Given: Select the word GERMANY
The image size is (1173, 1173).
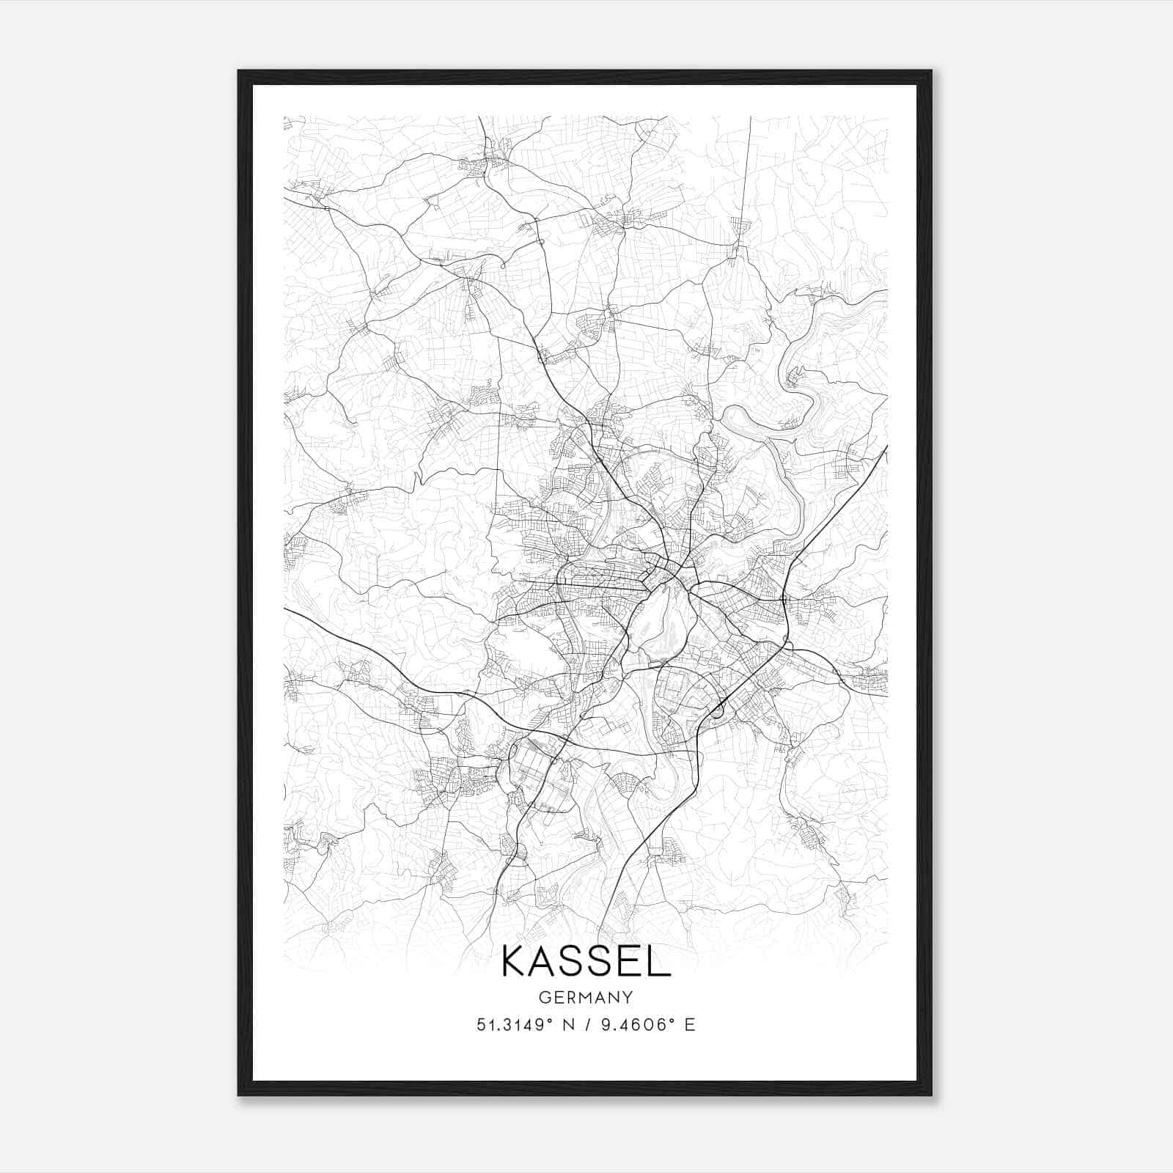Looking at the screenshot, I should (x=586, y=997).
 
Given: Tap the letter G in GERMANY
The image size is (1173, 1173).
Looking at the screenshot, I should (x=544, y=997).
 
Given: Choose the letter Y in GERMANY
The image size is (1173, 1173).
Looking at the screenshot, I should (x=628, y=997).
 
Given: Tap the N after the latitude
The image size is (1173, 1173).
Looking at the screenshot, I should (x=569, y=1025).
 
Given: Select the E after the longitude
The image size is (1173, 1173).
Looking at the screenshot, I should (x=689, y=1025).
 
